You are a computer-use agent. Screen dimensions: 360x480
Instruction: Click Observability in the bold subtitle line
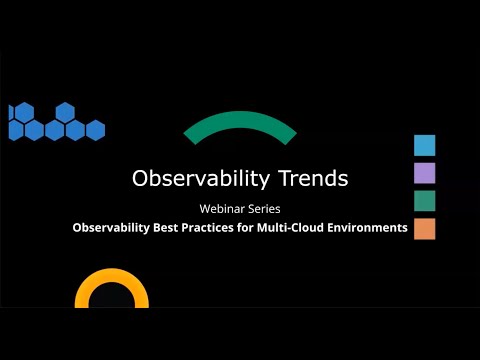pyautogui.click(x=113, y=228)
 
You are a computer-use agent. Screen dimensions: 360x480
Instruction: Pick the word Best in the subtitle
pyautogui.click(x=173, y=228)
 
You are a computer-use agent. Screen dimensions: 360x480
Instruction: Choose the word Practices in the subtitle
pyautogui.click(x=220, y=228)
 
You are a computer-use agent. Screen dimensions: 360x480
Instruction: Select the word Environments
pyautogui.click(x=370, y=228)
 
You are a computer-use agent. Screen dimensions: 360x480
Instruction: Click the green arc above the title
pyautogui.click(x=240, y=125)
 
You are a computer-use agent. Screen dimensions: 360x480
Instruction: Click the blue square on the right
pyautogui.click(x=424, y=145)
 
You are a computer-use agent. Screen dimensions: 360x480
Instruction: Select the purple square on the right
pyautogui.click(x=424, y=173)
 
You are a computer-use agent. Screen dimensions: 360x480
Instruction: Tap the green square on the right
pyautogui.click(x=424, y=201)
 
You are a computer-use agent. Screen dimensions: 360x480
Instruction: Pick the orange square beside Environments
pyautogui.click(x=424, y=229)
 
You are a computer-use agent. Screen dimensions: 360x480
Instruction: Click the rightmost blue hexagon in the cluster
pyautogui.click(x=95, y=130)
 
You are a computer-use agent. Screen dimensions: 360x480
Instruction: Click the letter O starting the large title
pyautogui.click(x=141, y=178)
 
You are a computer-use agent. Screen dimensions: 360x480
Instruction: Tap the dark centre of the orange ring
pyautogui.click(x=112, y=299)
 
